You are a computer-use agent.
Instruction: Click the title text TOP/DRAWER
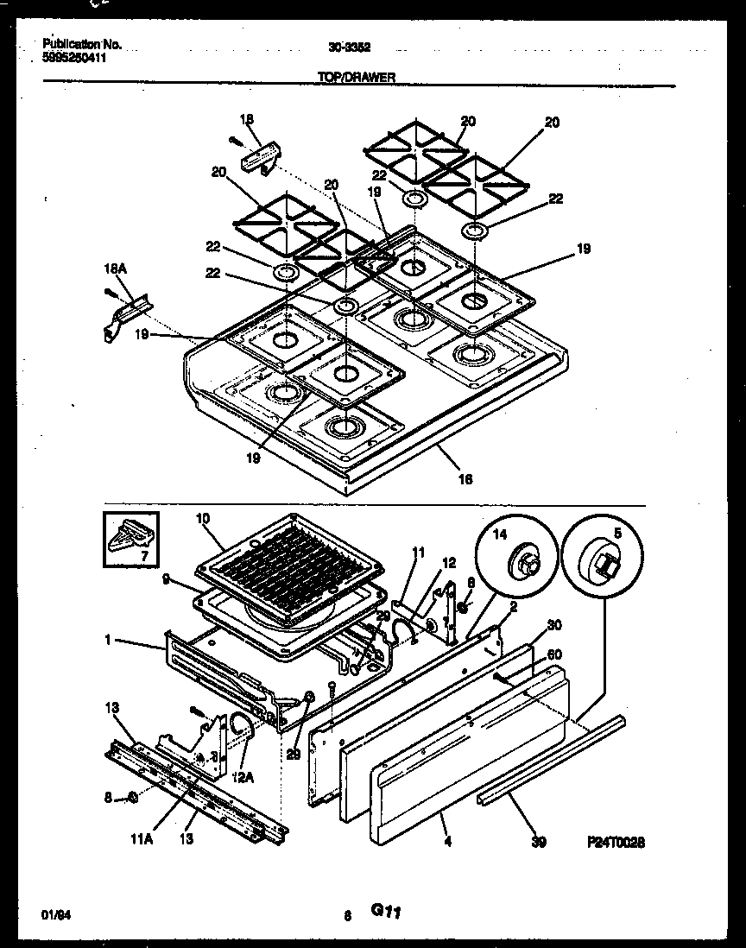[x=357, y=77]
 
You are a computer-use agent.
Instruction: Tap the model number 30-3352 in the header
[x=355, y=48]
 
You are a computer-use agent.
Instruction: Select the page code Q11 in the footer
[x=389, y=910]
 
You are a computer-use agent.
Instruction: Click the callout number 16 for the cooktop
[x=465, y=477]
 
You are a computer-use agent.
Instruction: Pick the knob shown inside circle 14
[x=526, y=565]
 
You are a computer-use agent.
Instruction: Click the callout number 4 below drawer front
[x=446, y=840]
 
